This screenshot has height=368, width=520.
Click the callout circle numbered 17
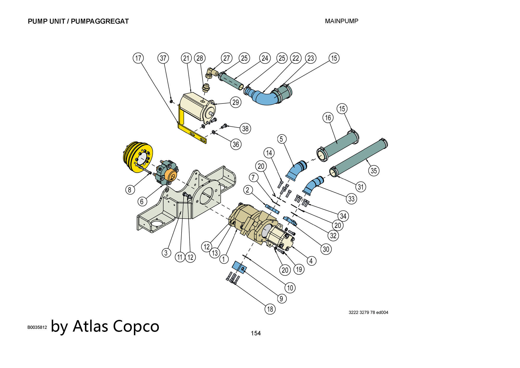coord(138,58)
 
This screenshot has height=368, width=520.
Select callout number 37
coord(163,58)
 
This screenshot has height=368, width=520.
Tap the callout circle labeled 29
coord(236,102)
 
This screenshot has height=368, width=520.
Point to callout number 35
coord(374,171)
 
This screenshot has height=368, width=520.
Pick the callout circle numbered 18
coord(270,309)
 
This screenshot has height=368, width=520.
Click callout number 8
coord(130,190)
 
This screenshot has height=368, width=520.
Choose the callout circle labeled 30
coord(326,249)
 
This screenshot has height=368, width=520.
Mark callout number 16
coord(328,118)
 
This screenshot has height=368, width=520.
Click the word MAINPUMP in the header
coord(341,21)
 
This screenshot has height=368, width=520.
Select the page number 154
coord(256,333)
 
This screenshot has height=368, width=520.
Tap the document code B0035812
coord(37,327)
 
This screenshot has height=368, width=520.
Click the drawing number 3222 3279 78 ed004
coord(368,312)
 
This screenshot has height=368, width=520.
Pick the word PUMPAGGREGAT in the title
coord(100,21)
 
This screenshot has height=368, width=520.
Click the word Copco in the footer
coord(136,326)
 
